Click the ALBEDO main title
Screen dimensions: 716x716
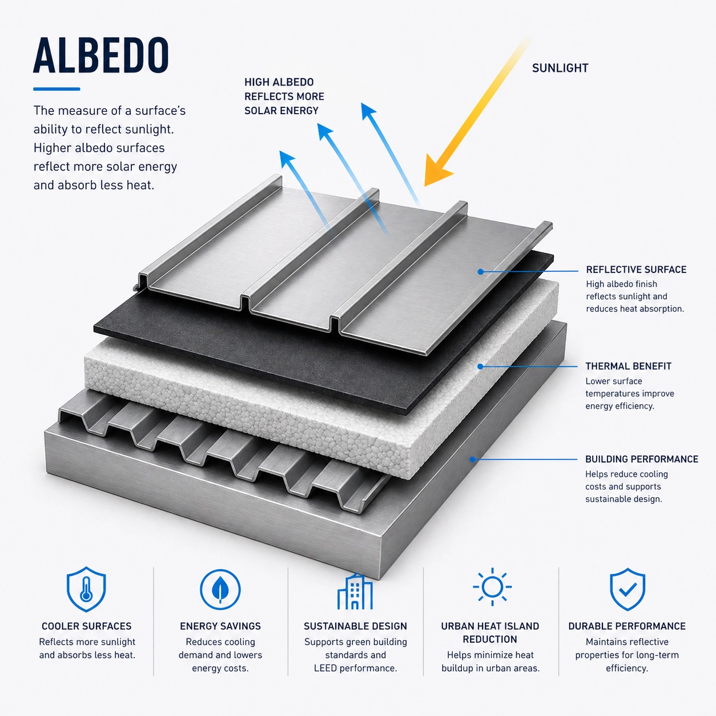[x=100, y=55]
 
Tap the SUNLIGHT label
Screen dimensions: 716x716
[x=560, y=68]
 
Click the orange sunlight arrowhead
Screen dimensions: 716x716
[x=437, y=170]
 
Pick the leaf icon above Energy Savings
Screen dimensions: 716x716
[x=220, y=590]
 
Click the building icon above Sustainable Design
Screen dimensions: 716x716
[x=355, y=592]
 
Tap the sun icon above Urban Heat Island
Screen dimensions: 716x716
[x=492, y=587]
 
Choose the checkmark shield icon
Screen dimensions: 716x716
[x=627, y=589]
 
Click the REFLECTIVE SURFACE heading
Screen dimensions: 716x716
[x=636, y=269]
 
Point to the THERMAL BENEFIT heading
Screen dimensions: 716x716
[x=628, y=367]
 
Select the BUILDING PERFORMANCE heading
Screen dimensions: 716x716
[x=642, y=459]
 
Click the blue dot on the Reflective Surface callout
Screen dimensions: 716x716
[x=480, y=272]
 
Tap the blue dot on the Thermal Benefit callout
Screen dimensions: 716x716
[x=480, y=367]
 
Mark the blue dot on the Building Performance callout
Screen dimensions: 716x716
[x=473, y=459]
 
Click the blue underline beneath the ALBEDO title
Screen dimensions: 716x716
[x=57, y=89]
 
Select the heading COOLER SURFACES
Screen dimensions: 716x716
[x=87, y=626]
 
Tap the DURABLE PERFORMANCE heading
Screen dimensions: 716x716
[x=627, y=626]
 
